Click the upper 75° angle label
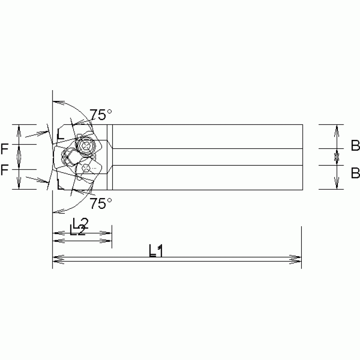pyautogui.click(x=101, y=115)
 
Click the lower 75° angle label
pyautogui.click(x=101, y=203)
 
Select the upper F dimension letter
pyautogui.click(x=4, y=149)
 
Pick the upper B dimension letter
pyautogui.click(x=355, y=146)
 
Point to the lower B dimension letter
pyautogui.click(x=355, y=173)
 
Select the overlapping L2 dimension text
pyautogui.click(x=78, y=227)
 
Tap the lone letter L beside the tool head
pyautogui.click(x=60, y=134)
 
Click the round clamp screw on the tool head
pyautogui.click(x=86, y=146)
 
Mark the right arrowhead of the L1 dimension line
pyautogui.click(x=297, y=258)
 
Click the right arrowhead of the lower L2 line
pyautogui.click(x=108, y=241)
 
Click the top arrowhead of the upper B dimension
pyautogui.click(x=336, y=128)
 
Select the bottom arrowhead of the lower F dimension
pyautogui.click(x=19, y=186)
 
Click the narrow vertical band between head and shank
pyautogui.click(x=110, y=157)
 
